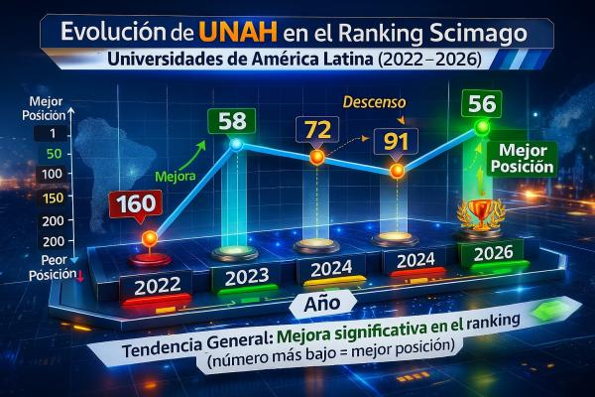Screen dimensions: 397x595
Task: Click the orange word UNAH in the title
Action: coord(227,30)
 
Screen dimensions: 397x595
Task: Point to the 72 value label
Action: coord(317,129)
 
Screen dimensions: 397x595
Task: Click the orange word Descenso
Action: coord(370,101)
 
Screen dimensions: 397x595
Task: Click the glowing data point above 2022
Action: coord(150,238)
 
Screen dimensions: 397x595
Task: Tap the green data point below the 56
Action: coord(483,128)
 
